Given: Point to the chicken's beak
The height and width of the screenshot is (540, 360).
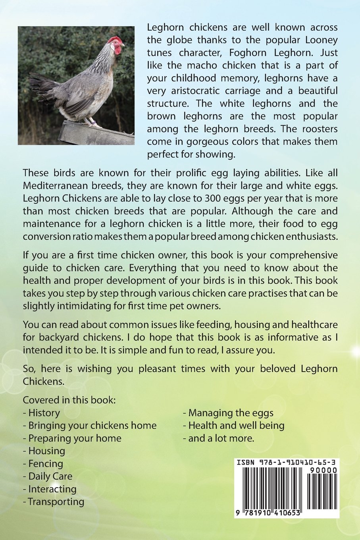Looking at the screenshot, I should (x=123, y=45).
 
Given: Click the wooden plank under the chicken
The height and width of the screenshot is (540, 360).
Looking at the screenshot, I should (x=95, y=133).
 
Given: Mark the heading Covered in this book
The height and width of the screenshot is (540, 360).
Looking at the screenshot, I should (x=69, y=400).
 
